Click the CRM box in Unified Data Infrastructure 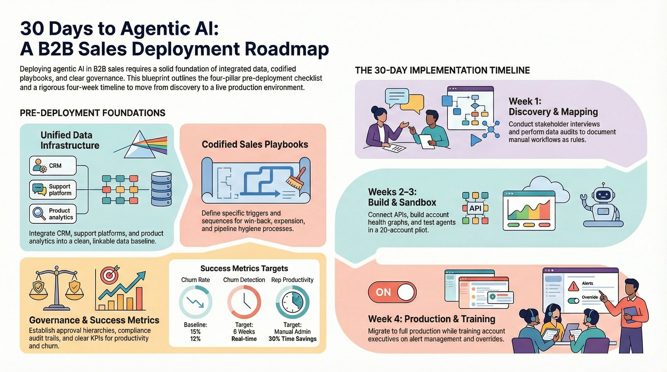tap(53, 166)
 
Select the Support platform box tap(53, 190)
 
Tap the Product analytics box tap(53, 214)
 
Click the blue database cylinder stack tap(161, 189)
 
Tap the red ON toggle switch tap(392, 292)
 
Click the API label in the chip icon tap(475, 208)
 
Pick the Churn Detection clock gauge tap(244, 302)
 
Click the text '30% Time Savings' tap(292, 339)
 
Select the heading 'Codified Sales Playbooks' tap(255, 144)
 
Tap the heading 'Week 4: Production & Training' tap(431, 319)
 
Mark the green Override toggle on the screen tap(573, 301)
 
